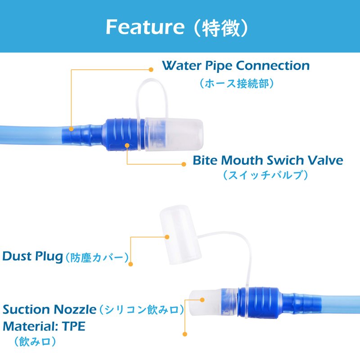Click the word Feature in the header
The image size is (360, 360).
145,27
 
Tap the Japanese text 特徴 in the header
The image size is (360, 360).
220,27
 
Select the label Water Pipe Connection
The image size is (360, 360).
236,66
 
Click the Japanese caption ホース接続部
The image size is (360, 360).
237,83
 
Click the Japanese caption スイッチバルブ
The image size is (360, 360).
265,175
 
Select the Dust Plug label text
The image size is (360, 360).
32,256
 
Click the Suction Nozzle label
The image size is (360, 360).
49,310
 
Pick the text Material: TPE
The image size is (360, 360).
44,326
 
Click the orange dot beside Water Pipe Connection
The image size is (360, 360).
151,70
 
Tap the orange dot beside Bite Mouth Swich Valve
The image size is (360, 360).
184,164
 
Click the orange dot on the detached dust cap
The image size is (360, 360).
167,237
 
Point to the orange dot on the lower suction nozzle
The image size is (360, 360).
202,300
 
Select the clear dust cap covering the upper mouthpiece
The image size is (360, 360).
174,134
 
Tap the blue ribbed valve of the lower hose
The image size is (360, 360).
259,302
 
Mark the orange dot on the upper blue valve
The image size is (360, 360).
127,145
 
